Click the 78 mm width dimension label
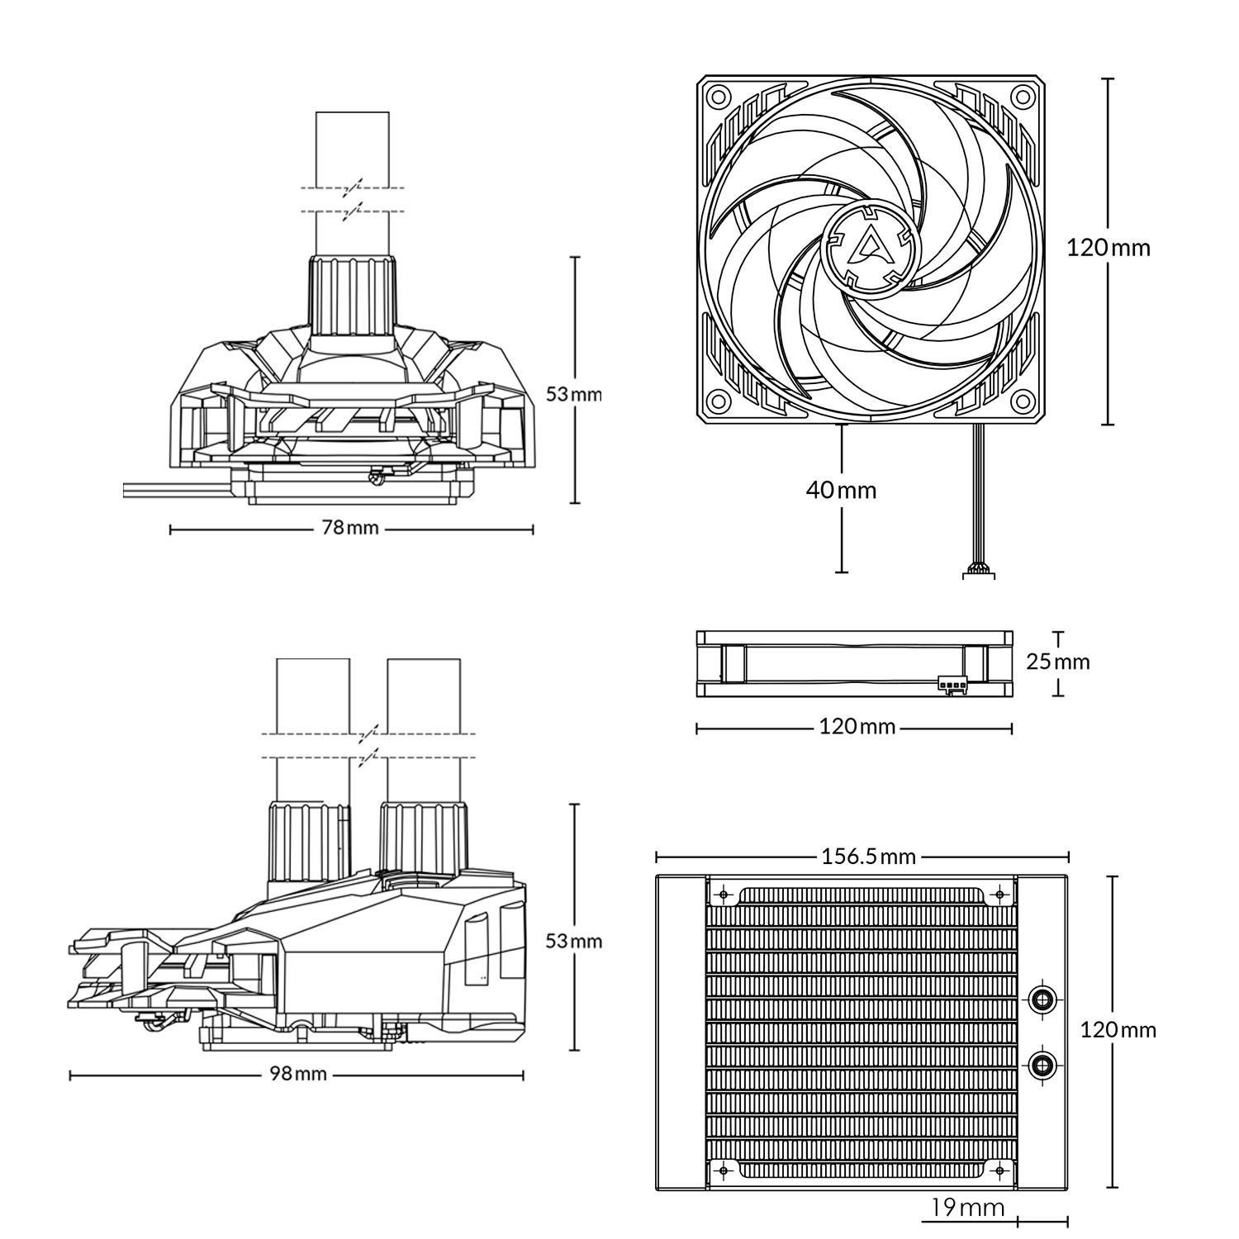point(350,528)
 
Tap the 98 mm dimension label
point(298,1074)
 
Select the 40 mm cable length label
point(841,490)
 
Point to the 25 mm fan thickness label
point(1057,662)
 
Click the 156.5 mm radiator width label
point(868,856)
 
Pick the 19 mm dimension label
point(966,1208)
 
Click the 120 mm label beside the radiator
point(1118,1029)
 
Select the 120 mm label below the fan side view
point(857,727)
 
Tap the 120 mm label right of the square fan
point(1108,247)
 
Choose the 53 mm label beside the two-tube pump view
point(574,941)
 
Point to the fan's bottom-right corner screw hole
point(1024,401)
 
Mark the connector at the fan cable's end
point(980,572)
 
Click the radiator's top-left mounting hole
point(724,895)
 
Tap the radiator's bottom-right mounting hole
point(1000,1170)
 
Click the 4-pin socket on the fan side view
point(952,685)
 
